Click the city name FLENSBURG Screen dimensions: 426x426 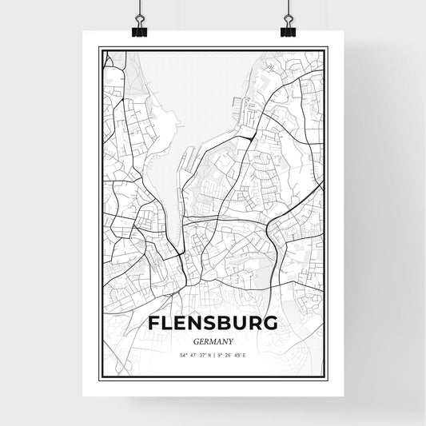coord(213,324)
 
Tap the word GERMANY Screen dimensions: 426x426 coord(213,339)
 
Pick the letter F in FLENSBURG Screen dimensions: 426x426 coord(154,324)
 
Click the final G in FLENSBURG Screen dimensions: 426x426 coord(270,324)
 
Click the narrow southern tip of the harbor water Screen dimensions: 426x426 coord(181,209)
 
